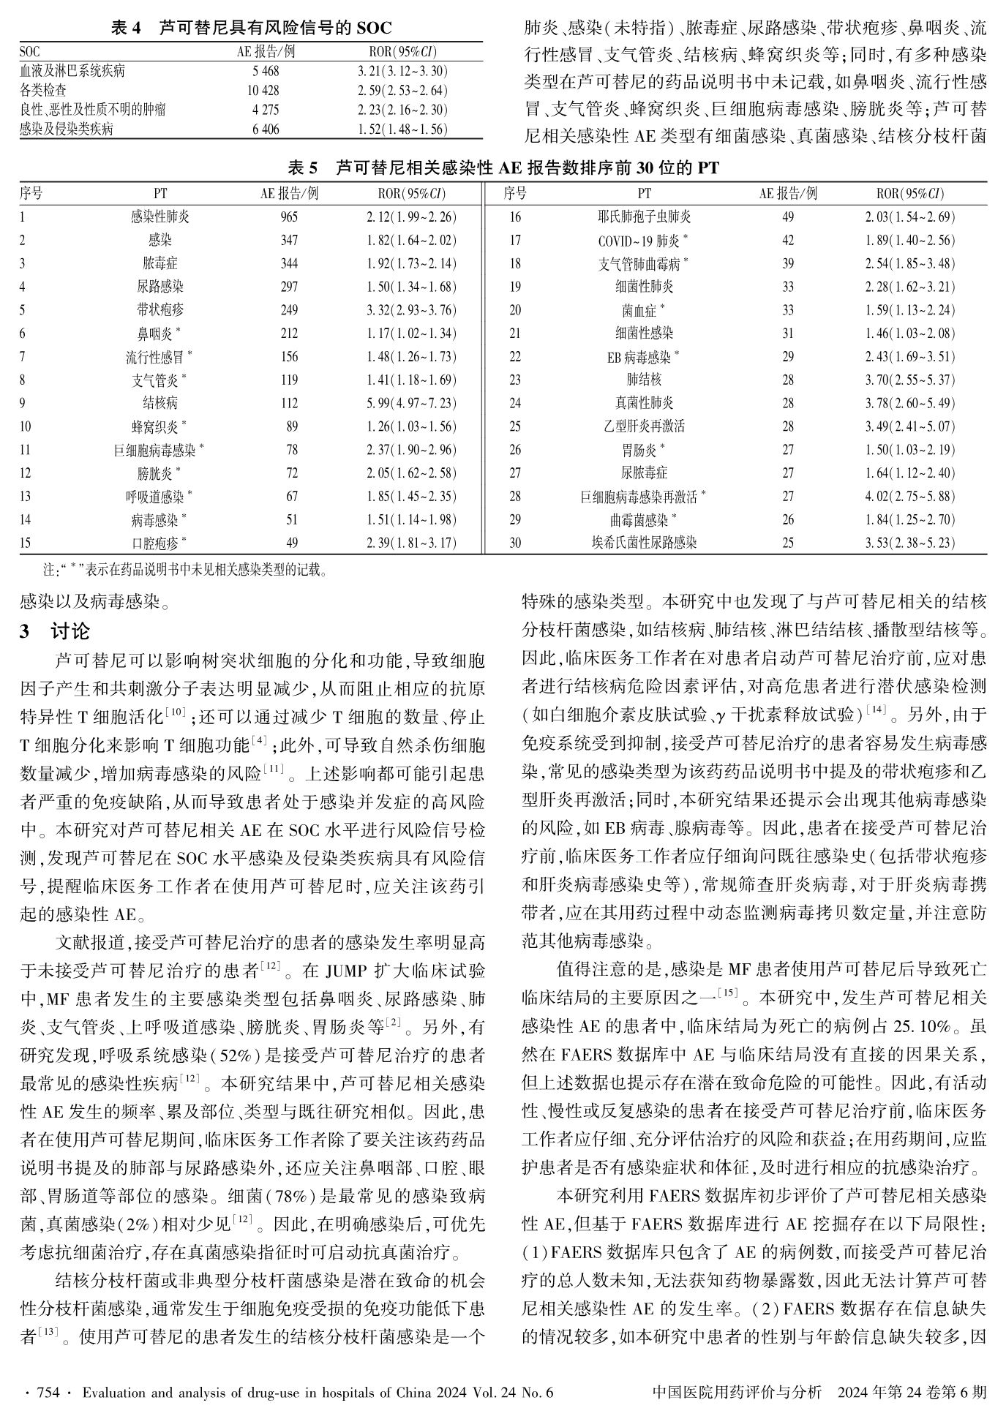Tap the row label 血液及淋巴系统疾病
[72, 72]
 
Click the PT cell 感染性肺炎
[159, 217]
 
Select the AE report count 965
[289, 217]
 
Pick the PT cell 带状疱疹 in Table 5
[159, 310]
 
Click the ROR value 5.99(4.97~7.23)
[411, 403]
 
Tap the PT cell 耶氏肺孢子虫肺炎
[644, 217]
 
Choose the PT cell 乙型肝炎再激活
[644, 426]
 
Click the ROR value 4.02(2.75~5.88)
[910, 497]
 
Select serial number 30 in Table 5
[515, 543]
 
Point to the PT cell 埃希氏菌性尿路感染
[644, 543]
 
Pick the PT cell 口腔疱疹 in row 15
[159, 543]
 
